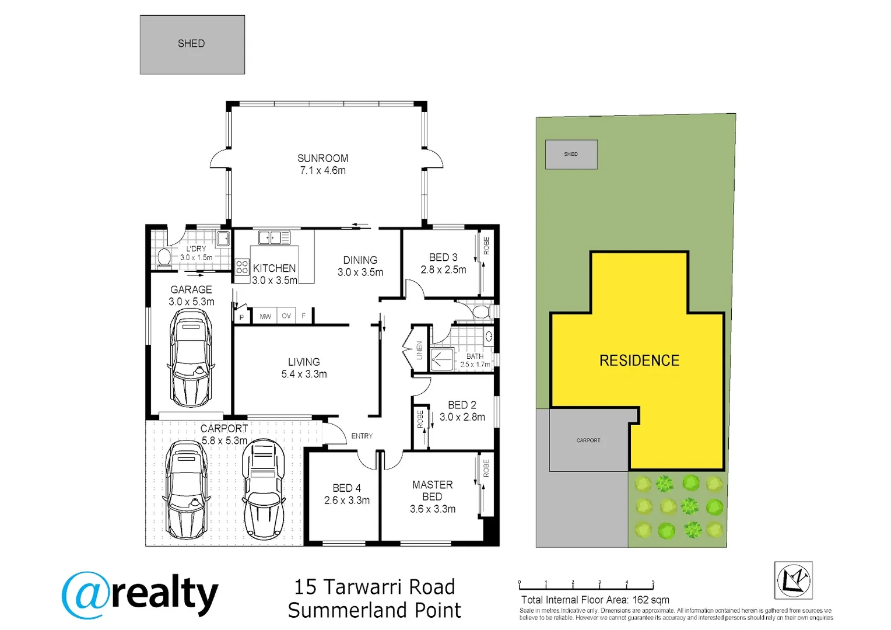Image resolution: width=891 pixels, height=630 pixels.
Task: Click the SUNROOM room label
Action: [x=322, y=158]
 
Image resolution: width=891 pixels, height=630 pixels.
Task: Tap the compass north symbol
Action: [x=793, y=580]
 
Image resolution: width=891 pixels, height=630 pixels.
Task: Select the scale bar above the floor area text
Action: [x=585, y=586]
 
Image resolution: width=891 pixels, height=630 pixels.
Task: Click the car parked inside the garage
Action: [x=191, y=358]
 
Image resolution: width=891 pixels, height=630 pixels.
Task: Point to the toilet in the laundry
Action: [x=164, y=257]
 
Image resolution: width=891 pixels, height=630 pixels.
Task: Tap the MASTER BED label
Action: [x=432, y=491]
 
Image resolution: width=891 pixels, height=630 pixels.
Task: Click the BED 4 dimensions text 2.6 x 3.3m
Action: [x=347, y=501]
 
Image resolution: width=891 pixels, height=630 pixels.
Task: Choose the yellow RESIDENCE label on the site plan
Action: [x=639, y=360]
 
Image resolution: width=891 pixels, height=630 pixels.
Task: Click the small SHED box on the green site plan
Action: [x=571, y=155]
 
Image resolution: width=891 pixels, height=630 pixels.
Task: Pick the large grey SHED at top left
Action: [x=192, y=44]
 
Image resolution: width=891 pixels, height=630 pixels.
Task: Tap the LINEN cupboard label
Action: [x=419, y=350]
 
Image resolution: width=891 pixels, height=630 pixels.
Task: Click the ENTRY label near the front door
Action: [x=362, y=436]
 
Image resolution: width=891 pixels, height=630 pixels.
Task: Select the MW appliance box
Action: [x=265, y=316]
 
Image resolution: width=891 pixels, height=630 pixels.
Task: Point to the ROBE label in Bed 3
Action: [x=486, y=246]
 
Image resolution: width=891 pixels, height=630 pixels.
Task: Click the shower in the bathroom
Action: [x=442, y=359]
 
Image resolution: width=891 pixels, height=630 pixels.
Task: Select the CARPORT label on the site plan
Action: [x=588, y=440]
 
